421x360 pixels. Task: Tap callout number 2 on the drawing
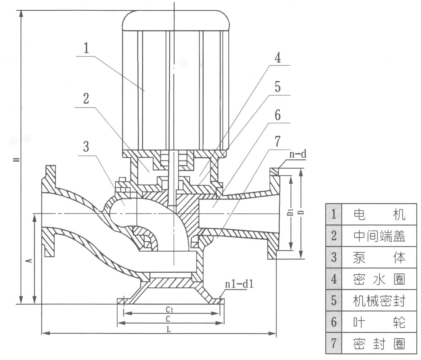coord(86,99)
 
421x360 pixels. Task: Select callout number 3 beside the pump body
coord(86,146)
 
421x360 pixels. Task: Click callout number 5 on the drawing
coord(278,87)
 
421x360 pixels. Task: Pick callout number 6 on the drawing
coord(278,115)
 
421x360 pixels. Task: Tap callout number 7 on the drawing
coord(278,142)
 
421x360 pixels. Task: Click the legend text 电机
coord(379,214)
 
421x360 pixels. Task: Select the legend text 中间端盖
coord(379,236)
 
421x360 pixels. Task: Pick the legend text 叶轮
coord(379,322)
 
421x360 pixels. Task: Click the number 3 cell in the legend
coord(333,257)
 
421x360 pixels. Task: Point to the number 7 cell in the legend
coord(333,343)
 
